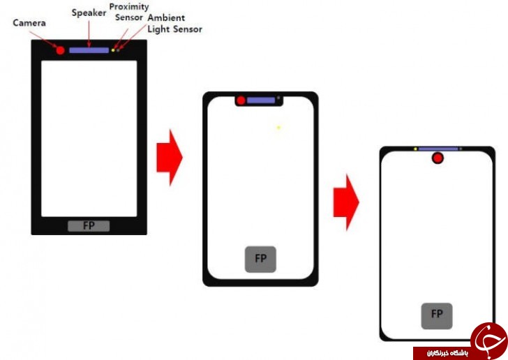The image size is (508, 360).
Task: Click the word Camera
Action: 29,23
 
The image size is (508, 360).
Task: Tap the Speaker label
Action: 89,13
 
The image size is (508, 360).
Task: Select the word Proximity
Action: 129,7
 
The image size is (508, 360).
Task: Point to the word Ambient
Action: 166,17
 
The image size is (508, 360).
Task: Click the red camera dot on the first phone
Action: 60,50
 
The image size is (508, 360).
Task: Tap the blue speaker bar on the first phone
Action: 89,50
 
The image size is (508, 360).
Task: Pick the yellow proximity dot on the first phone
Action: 113,50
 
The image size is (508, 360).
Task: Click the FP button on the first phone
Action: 89,226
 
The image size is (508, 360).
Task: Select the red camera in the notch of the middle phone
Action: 241,100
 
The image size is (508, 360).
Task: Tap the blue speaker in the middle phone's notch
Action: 261,100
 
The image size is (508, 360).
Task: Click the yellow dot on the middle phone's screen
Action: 278,128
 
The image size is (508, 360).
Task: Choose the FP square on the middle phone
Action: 260,260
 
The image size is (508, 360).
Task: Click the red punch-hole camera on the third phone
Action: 438,158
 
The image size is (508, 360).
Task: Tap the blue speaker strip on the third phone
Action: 438,149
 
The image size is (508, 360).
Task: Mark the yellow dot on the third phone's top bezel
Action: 415,149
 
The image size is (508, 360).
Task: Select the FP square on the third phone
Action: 437,316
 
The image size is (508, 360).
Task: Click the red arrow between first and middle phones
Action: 170,158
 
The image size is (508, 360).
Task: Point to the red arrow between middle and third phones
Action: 346,202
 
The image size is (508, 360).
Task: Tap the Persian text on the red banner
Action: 447,353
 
